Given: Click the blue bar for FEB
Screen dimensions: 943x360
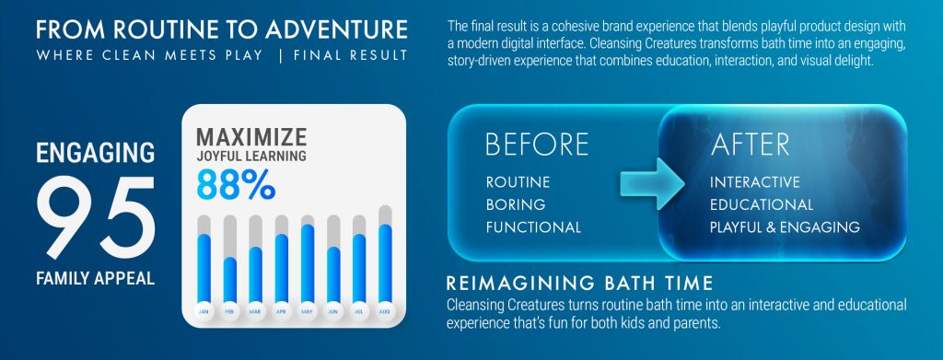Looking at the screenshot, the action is (x=229, y=280).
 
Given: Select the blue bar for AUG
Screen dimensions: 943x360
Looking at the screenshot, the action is (x=385, y=264).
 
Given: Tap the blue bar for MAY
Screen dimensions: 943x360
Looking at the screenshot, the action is (x=308, y=264).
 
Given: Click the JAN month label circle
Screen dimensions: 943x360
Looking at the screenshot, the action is (x=204, y=311).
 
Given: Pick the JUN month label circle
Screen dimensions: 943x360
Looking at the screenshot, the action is (x=333, y=311).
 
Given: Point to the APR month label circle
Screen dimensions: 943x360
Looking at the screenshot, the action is (x=282, y=311).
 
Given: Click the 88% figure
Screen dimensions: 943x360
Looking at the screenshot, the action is (x=236, y=185).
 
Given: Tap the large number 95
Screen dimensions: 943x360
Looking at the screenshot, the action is (x=96, y=217).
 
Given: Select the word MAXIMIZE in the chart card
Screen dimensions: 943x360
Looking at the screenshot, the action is (x=251, y=137).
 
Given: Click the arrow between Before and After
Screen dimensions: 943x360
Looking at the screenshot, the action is (x=653, y=184).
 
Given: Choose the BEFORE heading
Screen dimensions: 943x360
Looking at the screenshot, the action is (x=537, y=145).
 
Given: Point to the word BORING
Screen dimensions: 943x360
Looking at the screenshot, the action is (x=516, y=205).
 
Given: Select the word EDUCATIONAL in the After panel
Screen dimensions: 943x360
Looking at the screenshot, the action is (x=762, y=205).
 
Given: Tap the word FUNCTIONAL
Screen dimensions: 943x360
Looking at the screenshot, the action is (x=533, y=227).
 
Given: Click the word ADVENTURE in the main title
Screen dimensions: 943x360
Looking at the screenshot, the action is (x=336, y=29).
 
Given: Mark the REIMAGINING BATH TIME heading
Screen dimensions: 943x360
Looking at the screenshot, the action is (x=580, y=283).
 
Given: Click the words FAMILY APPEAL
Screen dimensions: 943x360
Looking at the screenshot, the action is (x=95, y=278).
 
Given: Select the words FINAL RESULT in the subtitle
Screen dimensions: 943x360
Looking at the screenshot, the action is (x=351, y=55).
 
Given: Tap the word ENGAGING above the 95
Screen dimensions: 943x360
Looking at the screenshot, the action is (x=96, y=153).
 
